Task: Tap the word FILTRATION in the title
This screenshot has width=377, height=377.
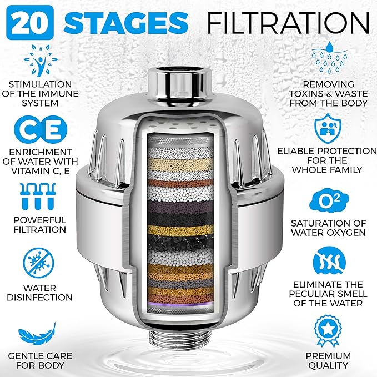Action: click(288, 22)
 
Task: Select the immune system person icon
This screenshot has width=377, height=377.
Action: click(40, 60)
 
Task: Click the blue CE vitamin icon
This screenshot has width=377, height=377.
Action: click(40, 127)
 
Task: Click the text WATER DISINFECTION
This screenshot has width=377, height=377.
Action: click(40, 292)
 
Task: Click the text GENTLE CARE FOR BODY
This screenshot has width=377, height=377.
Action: click(40, 360)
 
